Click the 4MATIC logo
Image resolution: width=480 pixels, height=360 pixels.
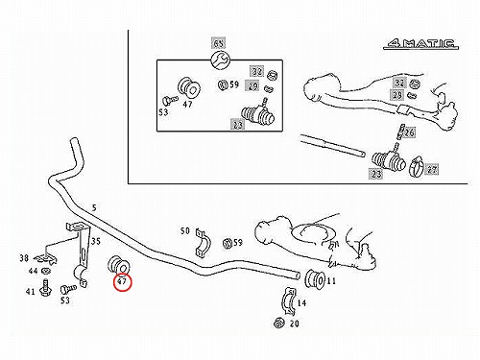[x=420, y=44]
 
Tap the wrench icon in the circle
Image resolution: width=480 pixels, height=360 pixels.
[x=220, y=60]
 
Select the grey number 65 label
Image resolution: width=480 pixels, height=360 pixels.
[x=219, y=43]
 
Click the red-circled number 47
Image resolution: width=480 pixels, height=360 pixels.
[x=123, y=282]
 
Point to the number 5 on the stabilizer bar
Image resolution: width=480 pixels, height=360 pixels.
[x=94, y=208]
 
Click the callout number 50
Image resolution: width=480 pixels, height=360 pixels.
[x=185, y=230]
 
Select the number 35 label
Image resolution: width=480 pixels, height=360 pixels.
[x=96, y=241]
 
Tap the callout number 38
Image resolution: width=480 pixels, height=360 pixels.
[x=24, y=258]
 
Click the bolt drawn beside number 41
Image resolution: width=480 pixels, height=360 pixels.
[x=45, y=287]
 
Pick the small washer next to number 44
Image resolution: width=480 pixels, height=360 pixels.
[x=46, y=272]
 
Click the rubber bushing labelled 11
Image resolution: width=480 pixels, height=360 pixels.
[x=315, y=279]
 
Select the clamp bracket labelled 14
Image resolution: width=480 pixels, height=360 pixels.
[x=289, y=302]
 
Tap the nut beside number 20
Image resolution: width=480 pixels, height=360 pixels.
[x=279, y=323]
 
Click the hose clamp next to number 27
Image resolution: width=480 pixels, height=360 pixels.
[x=417, y=167]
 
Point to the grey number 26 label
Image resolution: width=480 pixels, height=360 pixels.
[x=409, y=132]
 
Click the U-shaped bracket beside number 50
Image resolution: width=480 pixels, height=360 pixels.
[x=203, y=243]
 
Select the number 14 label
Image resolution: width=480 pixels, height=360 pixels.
[x=301, y=302]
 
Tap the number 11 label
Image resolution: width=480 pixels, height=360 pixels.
[x=331, y=281]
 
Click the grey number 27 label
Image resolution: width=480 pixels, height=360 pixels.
[x=432, y=170]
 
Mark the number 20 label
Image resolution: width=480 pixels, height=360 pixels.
[x=294, y=324]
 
